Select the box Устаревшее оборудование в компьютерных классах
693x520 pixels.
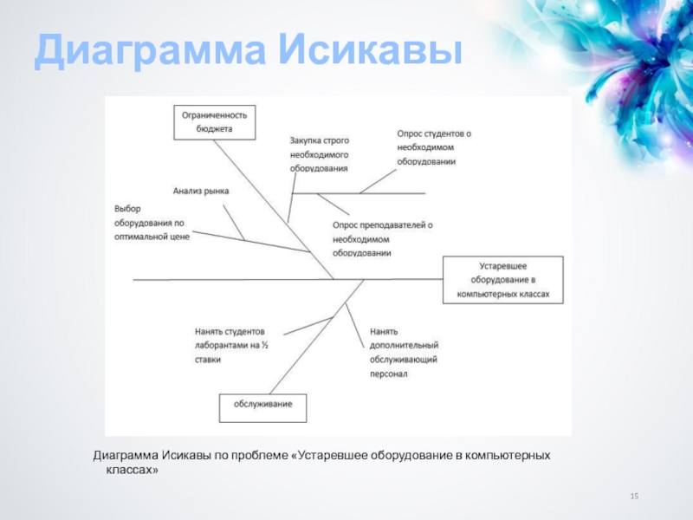[503, 280]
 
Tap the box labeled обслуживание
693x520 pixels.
[262, 404]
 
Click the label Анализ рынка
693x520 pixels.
[200, 190]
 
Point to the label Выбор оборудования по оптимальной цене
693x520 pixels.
[152, 222]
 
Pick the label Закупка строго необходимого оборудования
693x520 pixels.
[319, 154]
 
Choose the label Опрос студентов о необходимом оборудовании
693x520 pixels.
[434, 146]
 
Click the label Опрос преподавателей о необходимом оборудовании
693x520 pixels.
[381, 238]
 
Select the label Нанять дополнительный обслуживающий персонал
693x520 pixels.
[403, 353]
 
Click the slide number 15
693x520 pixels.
[634, 495]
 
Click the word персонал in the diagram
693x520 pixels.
[388, 374]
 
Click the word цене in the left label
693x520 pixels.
[180, 236]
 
